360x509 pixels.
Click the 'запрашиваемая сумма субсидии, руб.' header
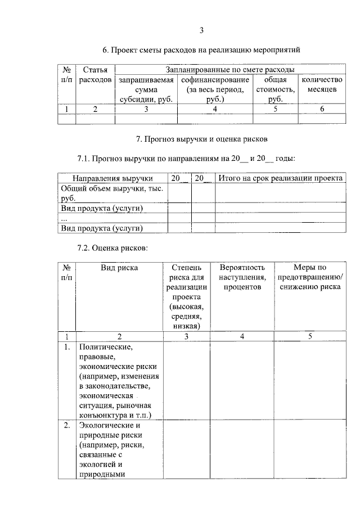tap(146, 89)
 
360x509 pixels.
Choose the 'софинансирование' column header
tap(215, 89)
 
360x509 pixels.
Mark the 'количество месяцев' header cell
tap(322, 84)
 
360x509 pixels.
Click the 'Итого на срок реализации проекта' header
tap(280, 178)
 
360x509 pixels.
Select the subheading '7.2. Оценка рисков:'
tap(112, 247)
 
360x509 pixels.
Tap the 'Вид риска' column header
tap(119, 268)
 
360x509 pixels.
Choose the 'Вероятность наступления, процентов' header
tap(242, 277)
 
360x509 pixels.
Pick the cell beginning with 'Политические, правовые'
tap(119, 381)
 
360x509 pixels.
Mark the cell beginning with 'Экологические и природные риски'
tap(119, 449)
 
